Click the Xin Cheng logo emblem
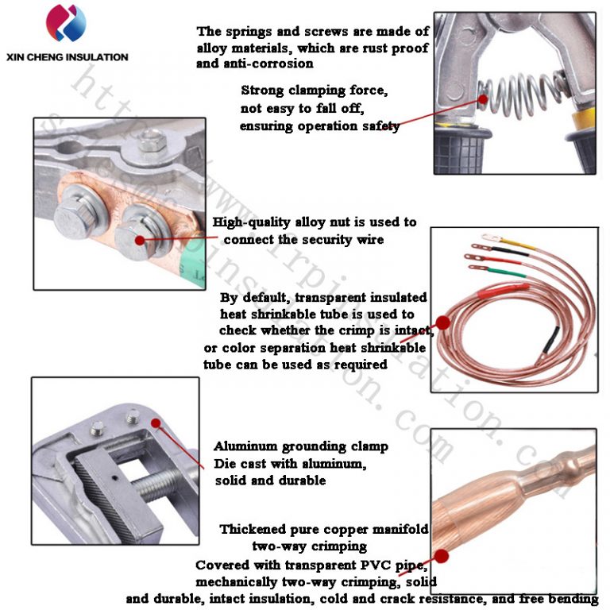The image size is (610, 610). [x=68, y=24]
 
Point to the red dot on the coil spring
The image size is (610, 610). [x=483, y=99]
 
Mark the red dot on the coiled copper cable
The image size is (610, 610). [x=442, y=322]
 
